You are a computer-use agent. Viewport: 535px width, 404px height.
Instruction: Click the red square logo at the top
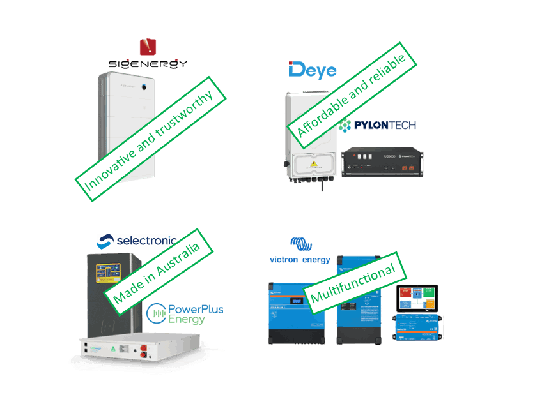[x=148, y=47]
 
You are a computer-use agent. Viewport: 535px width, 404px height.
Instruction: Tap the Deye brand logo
[x=313, y=70]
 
